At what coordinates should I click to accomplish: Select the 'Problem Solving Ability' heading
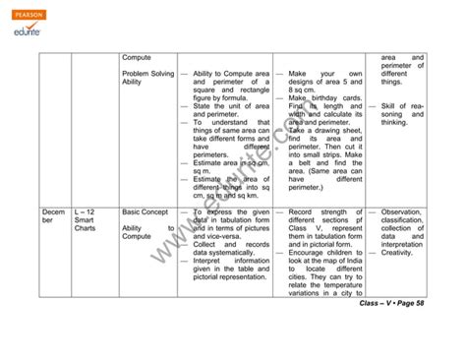click(x=147, y=79)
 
